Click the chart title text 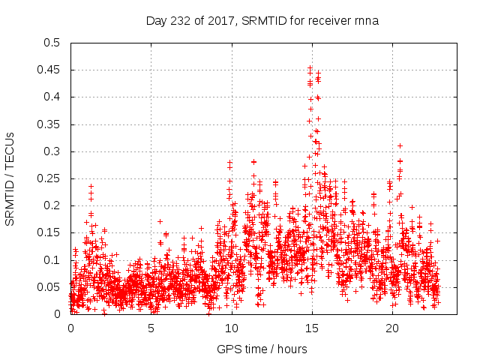[x=262, y=21]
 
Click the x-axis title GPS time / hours [x=262, y=349]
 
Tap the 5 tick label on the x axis [x=151, y=328]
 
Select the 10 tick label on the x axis [x=231, y=328]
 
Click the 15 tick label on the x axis [x=311, y=328]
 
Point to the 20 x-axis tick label [x=391, y=328]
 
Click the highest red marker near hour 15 [x=310, y=67]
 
